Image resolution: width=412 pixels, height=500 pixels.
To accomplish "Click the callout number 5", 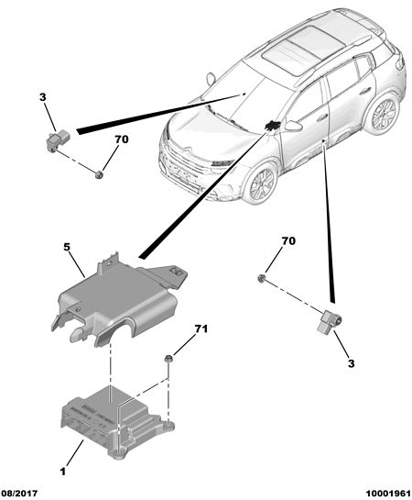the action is [67, 247].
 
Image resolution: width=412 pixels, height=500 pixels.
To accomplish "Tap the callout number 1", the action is [63, 472].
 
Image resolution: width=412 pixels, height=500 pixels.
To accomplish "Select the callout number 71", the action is [201, 328].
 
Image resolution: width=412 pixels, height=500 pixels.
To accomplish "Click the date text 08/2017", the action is [20, 494].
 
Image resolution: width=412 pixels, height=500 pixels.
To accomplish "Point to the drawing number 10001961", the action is [388, 494].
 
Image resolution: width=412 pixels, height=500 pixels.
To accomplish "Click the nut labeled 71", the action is [168, 359].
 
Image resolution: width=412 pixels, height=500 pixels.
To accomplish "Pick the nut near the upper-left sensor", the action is [99, 174].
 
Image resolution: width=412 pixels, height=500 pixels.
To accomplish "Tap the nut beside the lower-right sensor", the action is [262, 278].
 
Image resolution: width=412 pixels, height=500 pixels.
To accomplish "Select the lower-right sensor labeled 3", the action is [330, 322].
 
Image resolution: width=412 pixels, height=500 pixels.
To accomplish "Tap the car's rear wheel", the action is [381, 114].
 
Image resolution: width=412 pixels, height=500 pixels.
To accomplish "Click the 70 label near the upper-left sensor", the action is [121, 139].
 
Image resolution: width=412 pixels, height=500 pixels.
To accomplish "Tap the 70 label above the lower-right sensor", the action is [288, 241].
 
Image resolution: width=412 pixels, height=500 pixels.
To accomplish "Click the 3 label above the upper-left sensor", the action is [43, 97].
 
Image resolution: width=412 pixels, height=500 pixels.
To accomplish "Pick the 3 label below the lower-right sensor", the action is [352, 363].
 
